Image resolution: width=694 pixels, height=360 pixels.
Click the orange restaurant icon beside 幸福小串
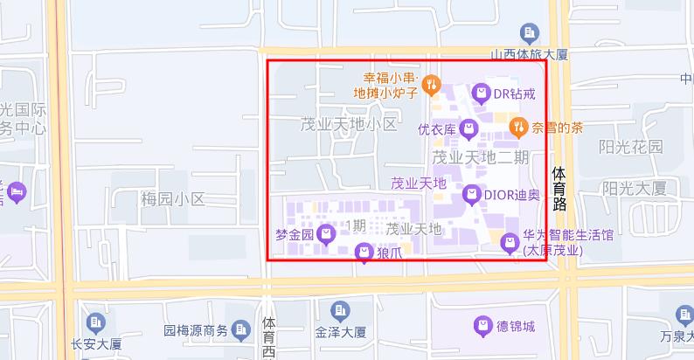pyautogui.click(x=430, y=85)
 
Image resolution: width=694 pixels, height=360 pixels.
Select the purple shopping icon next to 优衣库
pyautogui.click(x=469, y=130)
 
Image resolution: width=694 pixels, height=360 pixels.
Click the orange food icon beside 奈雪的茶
pyautogui.click(x=518, y=128)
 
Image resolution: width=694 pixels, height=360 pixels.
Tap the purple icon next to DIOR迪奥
pyautogui.click(x=471, y=195)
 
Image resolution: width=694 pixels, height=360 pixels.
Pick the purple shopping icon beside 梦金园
pyautogui.click(x=326, y=233)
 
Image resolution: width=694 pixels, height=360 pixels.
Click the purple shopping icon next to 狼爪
pyautogui.click(x=364, y=253)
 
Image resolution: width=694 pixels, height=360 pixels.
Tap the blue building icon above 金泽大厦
pyautogui.click(x=340, y=310)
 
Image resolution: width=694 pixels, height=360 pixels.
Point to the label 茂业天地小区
pyautogui.click(x=348, y=124)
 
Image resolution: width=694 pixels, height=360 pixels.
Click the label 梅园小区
pyautogui.click(x=172, y=199)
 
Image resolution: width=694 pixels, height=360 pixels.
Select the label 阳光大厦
pyautogui.click(x=635, y=187)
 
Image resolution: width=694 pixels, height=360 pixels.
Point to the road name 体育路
pyautogui.click(x=559, y=190)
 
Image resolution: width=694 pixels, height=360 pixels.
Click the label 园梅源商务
pyautogui.click(x=196, y=331)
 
